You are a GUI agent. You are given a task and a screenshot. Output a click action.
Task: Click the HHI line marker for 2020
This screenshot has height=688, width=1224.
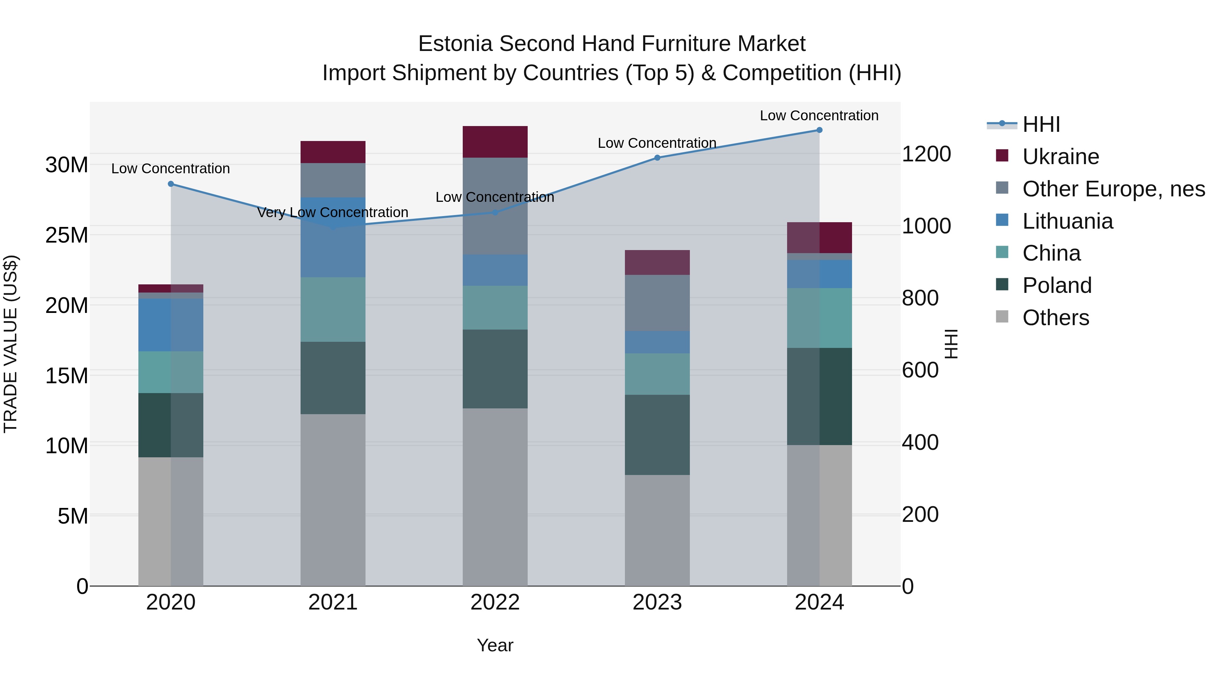(x=171, y=184)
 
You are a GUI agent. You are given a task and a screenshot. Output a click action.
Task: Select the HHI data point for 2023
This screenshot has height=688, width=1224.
(x=657, y=158)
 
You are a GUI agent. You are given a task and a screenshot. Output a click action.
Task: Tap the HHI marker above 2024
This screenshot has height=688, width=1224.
(x=819, y=130)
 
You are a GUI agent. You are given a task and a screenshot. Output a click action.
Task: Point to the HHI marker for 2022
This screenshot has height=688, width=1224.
(x=495, y=213)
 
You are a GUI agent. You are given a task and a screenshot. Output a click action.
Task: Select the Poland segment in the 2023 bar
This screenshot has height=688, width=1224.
(x=657, y=435)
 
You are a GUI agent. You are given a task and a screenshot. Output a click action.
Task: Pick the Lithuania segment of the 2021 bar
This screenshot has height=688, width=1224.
(x=333, y=237)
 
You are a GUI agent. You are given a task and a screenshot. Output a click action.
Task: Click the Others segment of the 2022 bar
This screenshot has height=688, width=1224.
(x=495, y=497)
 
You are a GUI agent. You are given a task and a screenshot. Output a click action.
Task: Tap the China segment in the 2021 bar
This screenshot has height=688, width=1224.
(x=333, y=310)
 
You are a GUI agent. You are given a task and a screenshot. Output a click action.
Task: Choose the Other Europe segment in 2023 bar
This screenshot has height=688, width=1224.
(x=657, y=303)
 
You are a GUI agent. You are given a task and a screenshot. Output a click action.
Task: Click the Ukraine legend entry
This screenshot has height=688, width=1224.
(x=1060, y=157)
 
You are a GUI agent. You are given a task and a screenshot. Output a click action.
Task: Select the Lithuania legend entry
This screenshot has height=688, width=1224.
(x=1067, y=221)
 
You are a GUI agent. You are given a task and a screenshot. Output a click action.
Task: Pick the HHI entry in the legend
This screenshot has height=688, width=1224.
(x=1041, y=124)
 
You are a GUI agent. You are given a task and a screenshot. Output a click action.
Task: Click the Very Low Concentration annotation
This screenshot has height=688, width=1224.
(x=333, y=212)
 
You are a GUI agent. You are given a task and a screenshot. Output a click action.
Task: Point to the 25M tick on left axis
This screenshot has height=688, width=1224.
(x=67, y=235)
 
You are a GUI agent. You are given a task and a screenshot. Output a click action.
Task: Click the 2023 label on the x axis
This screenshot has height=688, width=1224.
(x=657, y=602)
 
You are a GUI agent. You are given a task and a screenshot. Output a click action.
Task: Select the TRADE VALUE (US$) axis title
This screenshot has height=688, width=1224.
(x=11, y=344)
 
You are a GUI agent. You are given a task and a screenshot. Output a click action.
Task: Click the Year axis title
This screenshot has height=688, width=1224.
(x=495, y=645)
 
